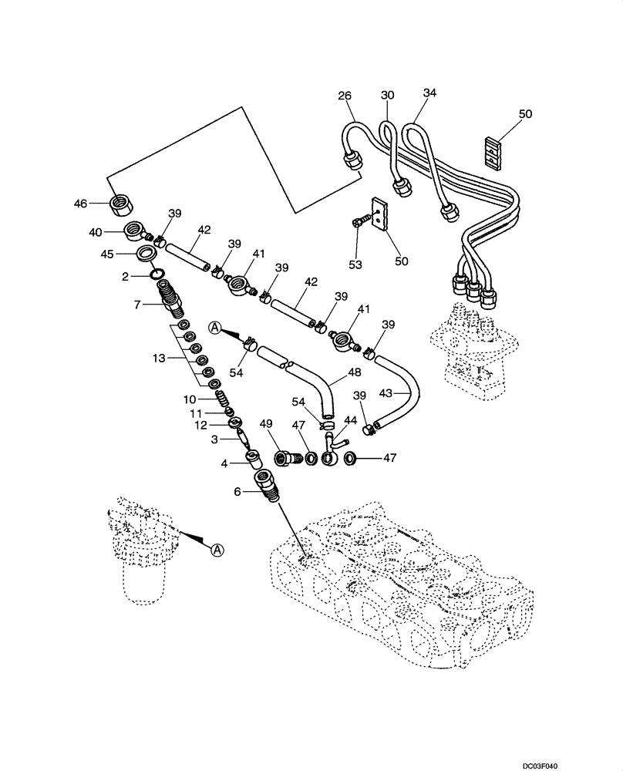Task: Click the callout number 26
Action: pos(344,96)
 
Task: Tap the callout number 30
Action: pos(387,96)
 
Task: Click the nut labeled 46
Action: pos(120,204)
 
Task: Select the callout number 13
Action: pos(158,358)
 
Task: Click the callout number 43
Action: pos(389,393)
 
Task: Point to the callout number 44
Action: pos(350,420)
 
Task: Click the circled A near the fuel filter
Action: pos(217,550)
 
